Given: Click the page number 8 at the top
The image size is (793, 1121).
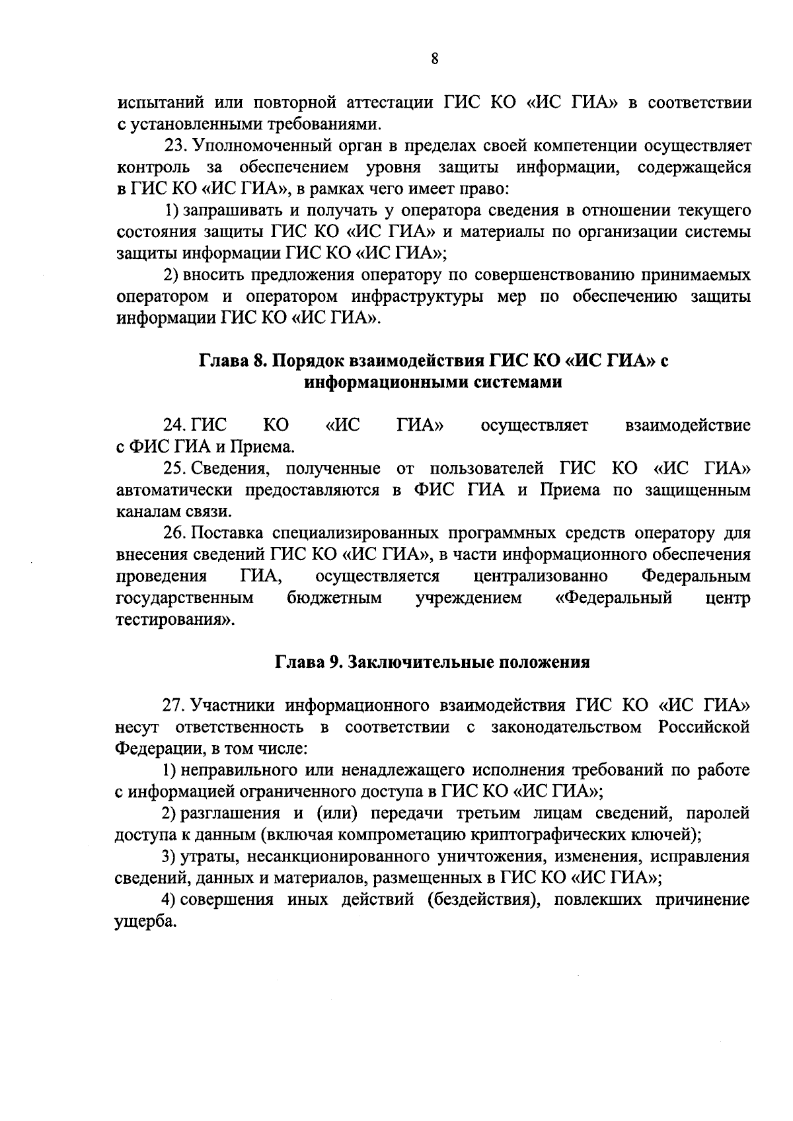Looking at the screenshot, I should tap(434, 59).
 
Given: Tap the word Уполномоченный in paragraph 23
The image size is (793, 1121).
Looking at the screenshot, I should tap(258, 146).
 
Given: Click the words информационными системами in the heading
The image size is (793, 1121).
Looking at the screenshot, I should tap(433, 382).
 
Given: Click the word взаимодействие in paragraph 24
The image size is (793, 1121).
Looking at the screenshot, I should tap(687, 425).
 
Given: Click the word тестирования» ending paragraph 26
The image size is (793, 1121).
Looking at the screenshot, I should tap(175, 620).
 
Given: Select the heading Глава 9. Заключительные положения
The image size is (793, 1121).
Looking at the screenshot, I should tap(432, 663).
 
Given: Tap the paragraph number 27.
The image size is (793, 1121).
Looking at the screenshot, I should tap(174, 705).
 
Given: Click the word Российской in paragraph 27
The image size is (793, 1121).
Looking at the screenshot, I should tap(704, 727).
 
